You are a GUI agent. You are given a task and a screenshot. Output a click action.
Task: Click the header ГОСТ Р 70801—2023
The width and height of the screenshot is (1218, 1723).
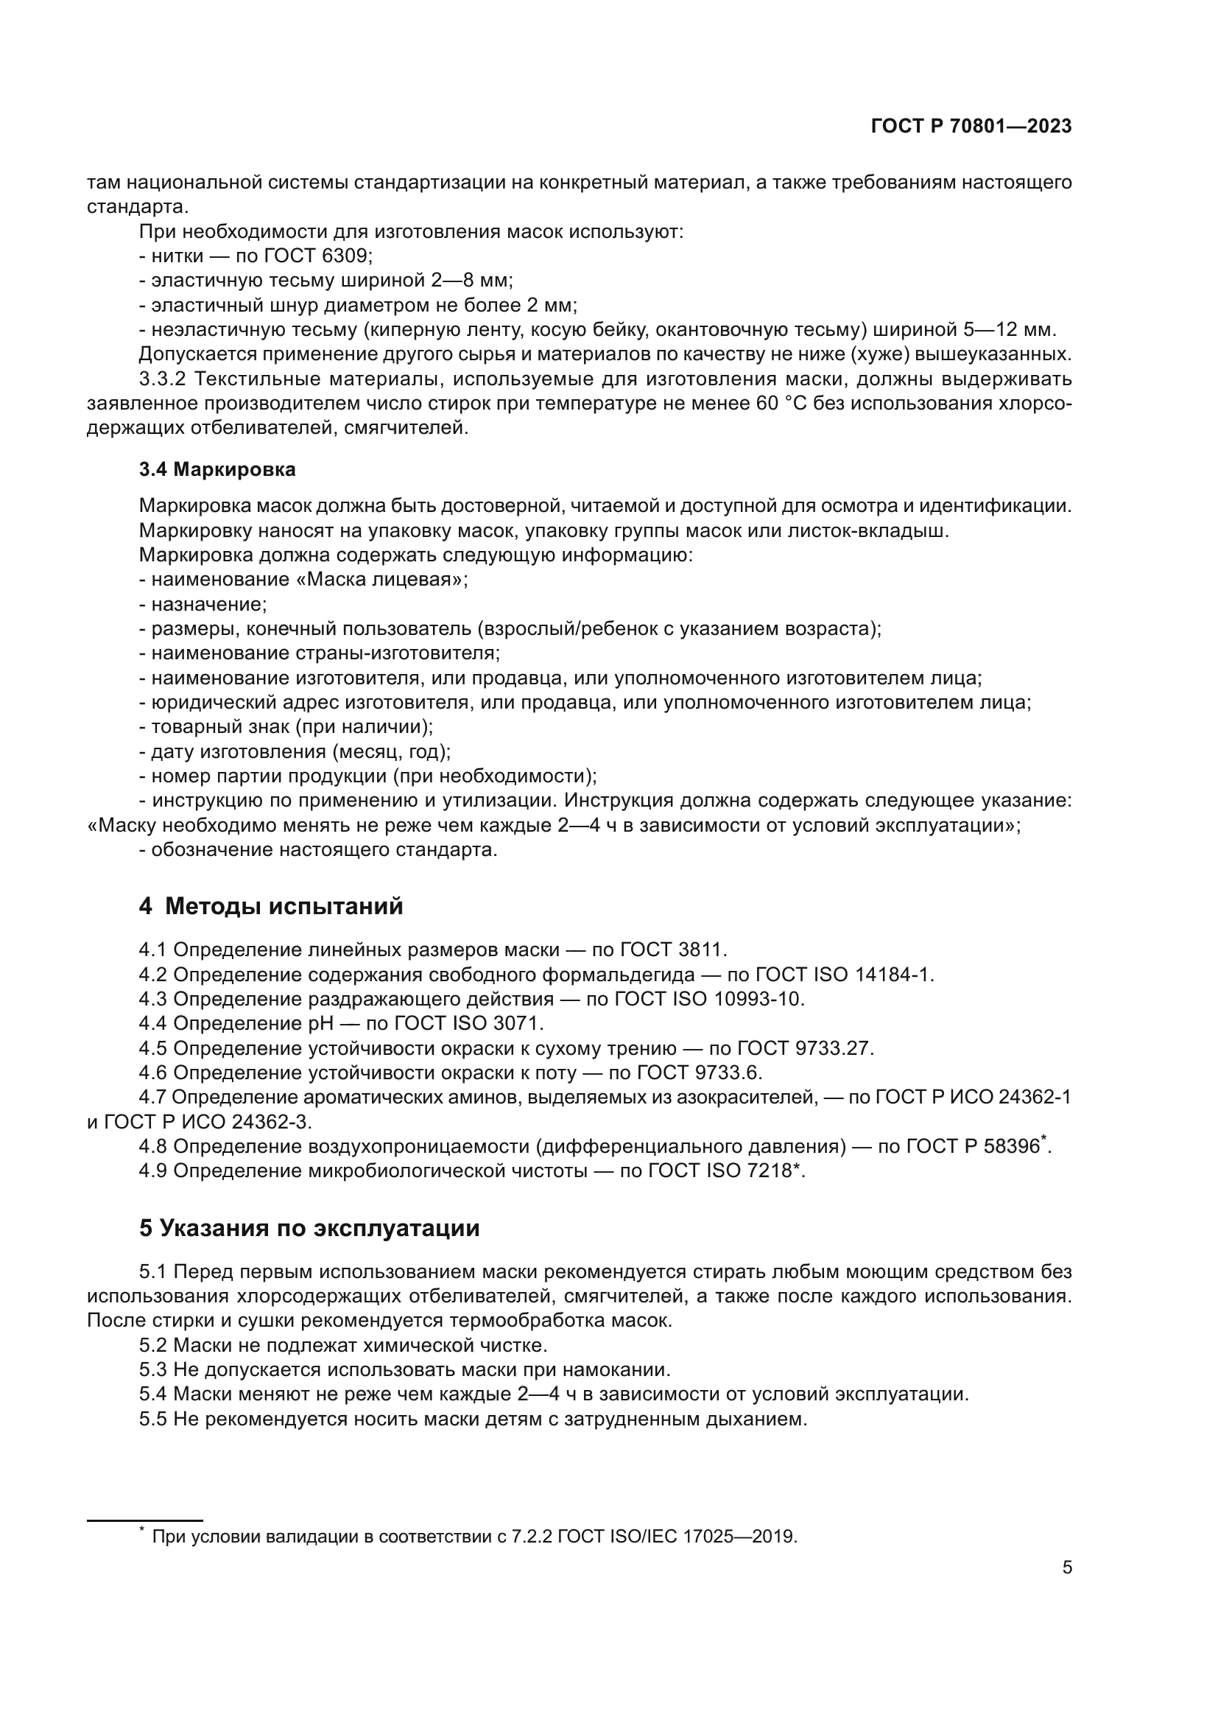click(x=971, y=126)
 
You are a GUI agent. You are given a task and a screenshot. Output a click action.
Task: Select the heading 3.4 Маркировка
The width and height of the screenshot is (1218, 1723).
click(x=217, y=470)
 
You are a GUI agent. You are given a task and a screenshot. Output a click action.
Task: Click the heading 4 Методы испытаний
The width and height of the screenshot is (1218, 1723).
click(x=271, y=907)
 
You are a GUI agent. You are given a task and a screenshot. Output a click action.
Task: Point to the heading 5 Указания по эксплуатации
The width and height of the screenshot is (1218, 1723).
click(x=309, y=1229)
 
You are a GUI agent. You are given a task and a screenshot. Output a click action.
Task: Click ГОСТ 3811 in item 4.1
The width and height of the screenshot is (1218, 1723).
click(x=672, y=950)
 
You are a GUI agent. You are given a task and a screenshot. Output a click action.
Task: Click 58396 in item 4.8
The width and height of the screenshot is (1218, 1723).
click(x=1010, y=1147)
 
